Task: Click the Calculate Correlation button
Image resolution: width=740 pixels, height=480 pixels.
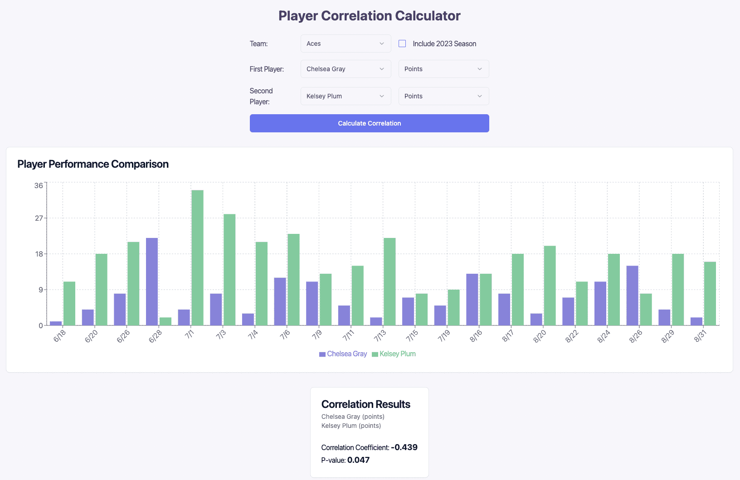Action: [x=369, y=123]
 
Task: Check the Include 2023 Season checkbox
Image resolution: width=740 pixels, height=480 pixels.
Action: [x=402, y=44]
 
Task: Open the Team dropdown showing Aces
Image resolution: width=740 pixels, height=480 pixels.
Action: [x=346, y=44]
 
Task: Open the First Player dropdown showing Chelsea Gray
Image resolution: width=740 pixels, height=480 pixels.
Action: [x=346, y=69]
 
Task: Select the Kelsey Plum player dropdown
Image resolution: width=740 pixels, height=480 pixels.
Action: [x=346, y=96]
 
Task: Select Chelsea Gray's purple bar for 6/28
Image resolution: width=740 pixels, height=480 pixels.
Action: [x=152, y=281]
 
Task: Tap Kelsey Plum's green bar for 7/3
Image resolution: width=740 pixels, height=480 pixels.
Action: [x=229, y=270]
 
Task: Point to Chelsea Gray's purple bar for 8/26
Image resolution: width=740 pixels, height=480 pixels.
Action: [x=632, y=296]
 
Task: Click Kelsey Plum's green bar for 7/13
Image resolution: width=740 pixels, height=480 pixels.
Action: [x=389, y=281]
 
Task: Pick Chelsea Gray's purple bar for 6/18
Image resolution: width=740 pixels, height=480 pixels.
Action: [x=56, y=323]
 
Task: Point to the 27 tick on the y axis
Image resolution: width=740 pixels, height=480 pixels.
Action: [x=39, y=218]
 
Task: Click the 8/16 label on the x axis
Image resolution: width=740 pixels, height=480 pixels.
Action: [x=476, y=336]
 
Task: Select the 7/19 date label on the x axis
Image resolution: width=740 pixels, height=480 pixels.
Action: [x=444, y=336]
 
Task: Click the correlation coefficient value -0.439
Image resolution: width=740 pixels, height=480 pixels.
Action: [x=404, y=447]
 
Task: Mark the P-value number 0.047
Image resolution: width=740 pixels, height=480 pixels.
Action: [x=358, y=460]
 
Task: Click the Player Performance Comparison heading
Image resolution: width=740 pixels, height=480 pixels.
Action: [x=93, y=164]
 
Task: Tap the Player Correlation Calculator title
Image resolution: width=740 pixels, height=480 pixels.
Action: [x=369, y=16]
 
